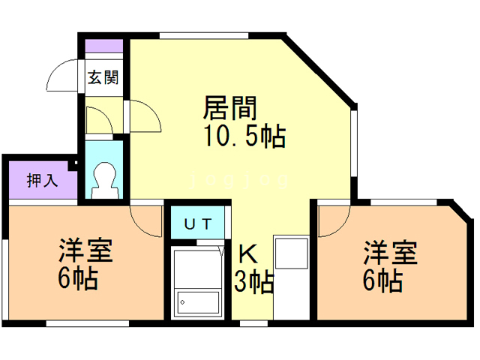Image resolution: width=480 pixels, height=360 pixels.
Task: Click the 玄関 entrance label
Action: [x=102, y=76]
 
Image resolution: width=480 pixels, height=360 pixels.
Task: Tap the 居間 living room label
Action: [x=230, y=109]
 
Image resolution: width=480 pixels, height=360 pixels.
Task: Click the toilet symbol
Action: [x=104, y=180]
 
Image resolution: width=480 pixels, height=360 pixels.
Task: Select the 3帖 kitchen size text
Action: [x=253, y=283]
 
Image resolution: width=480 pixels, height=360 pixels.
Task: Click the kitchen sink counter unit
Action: [x=290, y=277]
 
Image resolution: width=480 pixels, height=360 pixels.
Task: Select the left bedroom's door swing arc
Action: [x=144, y=220]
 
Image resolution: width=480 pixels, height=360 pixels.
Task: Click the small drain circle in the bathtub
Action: [x=181, y=301]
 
